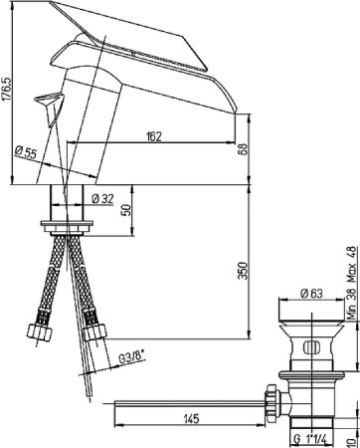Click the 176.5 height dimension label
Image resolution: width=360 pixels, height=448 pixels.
(x=7, y=89)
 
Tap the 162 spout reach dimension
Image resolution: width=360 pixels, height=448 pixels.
(x=153, y=136)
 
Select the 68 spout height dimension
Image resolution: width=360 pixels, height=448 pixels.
(x=244, y=149)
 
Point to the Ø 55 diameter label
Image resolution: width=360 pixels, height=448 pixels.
(x=25, y=152)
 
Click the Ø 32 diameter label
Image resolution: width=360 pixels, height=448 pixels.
(x=102, y=199)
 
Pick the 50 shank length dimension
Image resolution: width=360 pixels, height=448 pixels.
(x=126, y=210)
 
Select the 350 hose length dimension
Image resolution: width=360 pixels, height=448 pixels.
(x=244, y=271)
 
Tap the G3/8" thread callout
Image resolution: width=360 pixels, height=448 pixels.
(x=132, y=358)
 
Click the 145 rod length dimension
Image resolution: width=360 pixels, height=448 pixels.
(x=191, y=419)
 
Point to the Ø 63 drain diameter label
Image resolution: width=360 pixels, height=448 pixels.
(x=311, y=294)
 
